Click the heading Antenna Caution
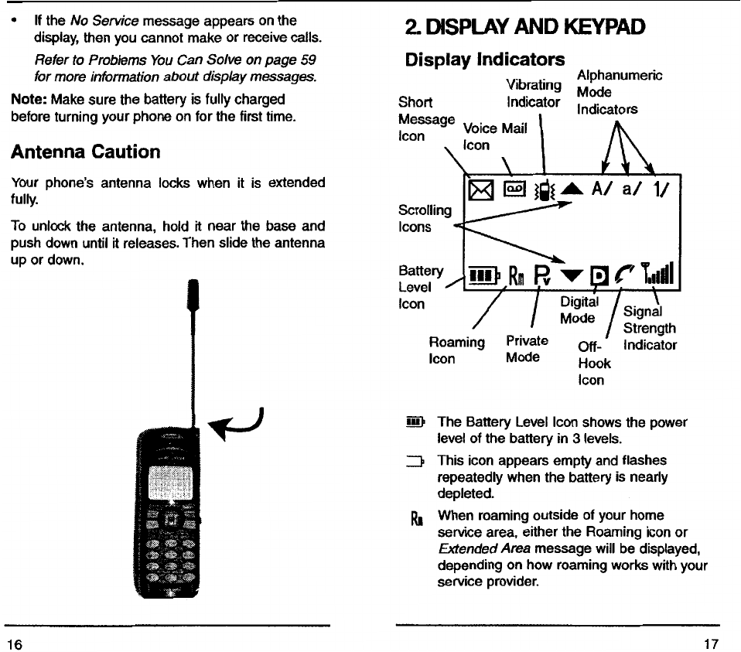(85, 152)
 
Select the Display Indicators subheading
(484, 60)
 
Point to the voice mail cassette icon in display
(514, 188)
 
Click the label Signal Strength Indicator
(649, 328)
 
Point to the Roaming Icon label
(456, 350)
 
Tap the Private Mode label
(527, 348)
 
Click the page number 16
(14, 640)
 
